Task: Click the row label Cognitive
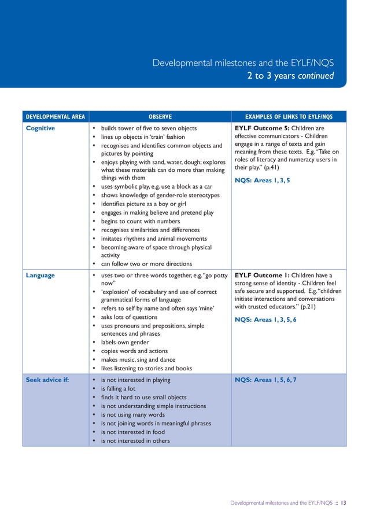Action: coord(41,128)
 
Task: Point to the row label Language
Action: coord(40,275)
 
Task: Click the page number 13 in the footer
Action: coord(343,503)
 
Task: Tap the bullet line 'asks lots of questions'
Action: coord(129,317)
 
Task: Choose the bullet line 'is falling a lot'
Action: coord(118,389)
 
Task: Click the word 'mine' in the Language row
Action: coord(205,308)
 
